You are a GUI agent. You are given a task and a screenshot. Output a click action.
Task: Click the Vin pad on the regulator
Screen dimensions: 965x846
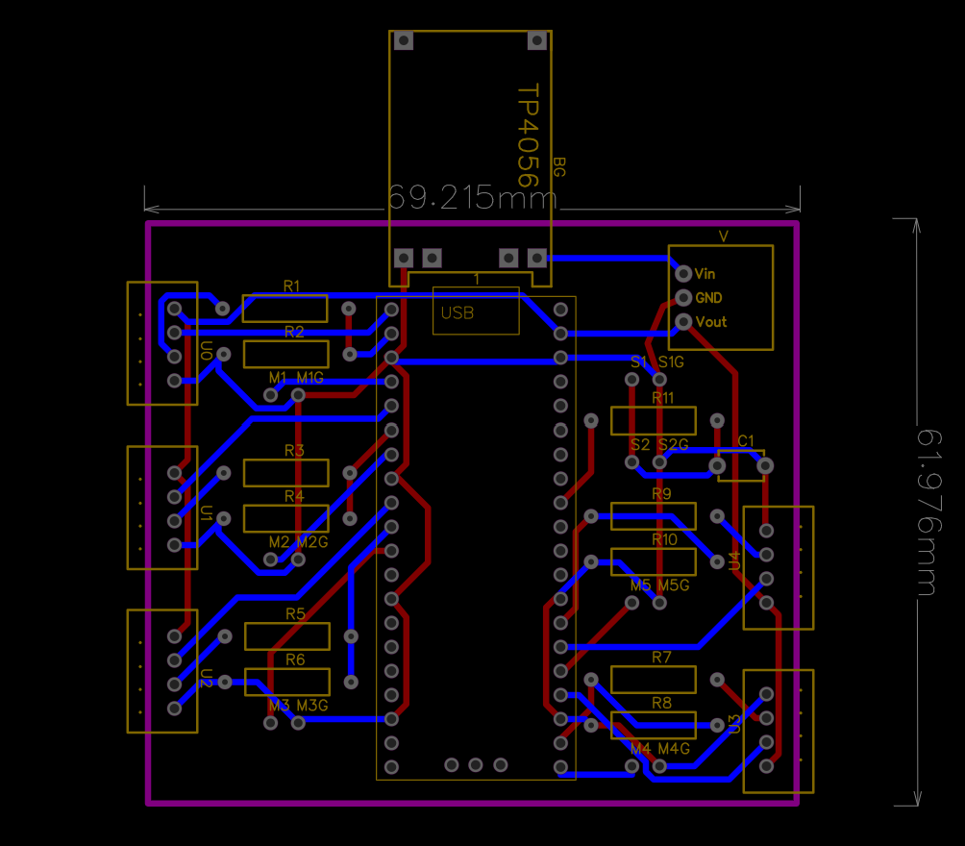coord(683,273)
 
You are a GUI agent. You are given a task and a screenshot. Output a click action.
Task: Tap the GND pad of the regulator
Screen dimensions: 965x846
coord(683,298)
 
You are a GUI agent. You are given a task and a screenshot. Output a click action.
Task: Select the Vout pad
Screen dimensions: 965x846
coord(683,322)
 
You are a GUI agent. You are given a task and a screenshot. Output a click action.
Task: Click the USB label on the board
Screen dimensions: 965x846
coord(458,313)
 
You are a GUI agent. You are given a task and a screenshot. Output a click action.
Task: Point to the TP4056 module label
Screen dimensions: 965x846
coord(528,136)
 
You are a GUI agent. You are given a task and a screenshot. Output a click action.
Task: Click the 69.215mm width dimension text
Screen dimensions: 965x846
coord(473,198)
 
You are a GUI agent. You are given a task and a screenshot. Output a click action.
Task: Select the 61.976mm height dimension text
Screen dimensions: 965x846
coord(929,512)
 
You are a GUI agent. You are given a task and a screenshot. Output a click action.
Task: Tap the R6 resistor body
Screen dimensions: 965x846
coord(287,683)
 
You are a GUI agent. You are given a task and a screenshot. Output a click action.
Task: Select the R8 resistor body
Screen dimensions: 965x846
coord(654,725)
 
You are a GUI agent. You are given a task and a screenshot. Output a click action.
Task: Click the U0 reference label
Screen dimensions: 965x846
coord(207,350)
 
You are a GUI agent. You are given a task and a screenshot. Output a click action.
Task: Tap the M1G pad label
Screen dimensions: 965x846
coord(310,378)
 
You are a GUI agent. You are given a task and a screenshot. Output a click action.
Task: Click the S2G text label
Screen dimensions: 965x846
coord(673,445)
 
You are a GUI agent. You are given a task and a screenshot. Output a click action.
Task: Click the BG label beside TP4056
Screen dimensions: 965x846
coord(558,167)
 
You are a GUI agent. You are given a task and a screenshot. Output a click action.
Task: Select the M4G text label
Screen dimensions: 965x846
coord(674,749)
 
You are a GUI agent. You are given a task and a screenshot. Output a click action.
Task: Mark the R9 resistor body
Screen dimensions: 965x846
coord(654,516)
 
